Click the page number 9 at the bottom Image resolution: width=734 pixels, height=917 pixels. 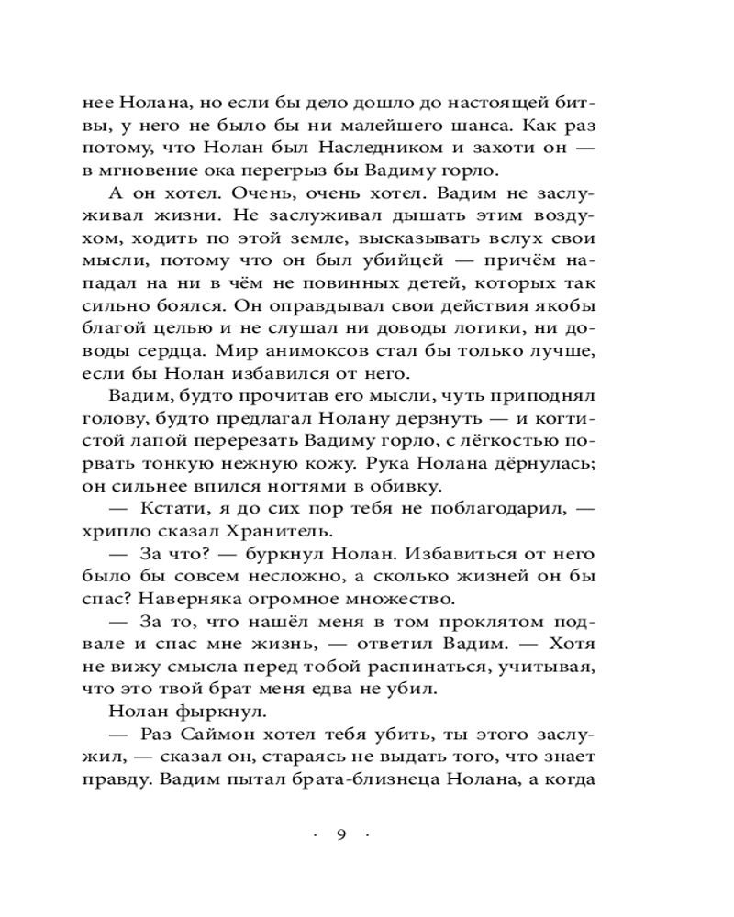point(340,834)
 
